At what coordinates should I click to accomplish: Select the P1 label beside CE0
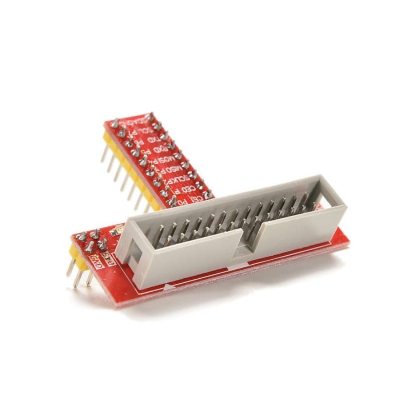click(x=175, y=193)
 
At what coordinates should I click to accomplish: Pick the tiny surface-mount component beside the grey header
click(x=118, y=231)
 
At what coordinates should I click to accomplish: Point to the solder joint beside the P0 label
click(x=172, y=201)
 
